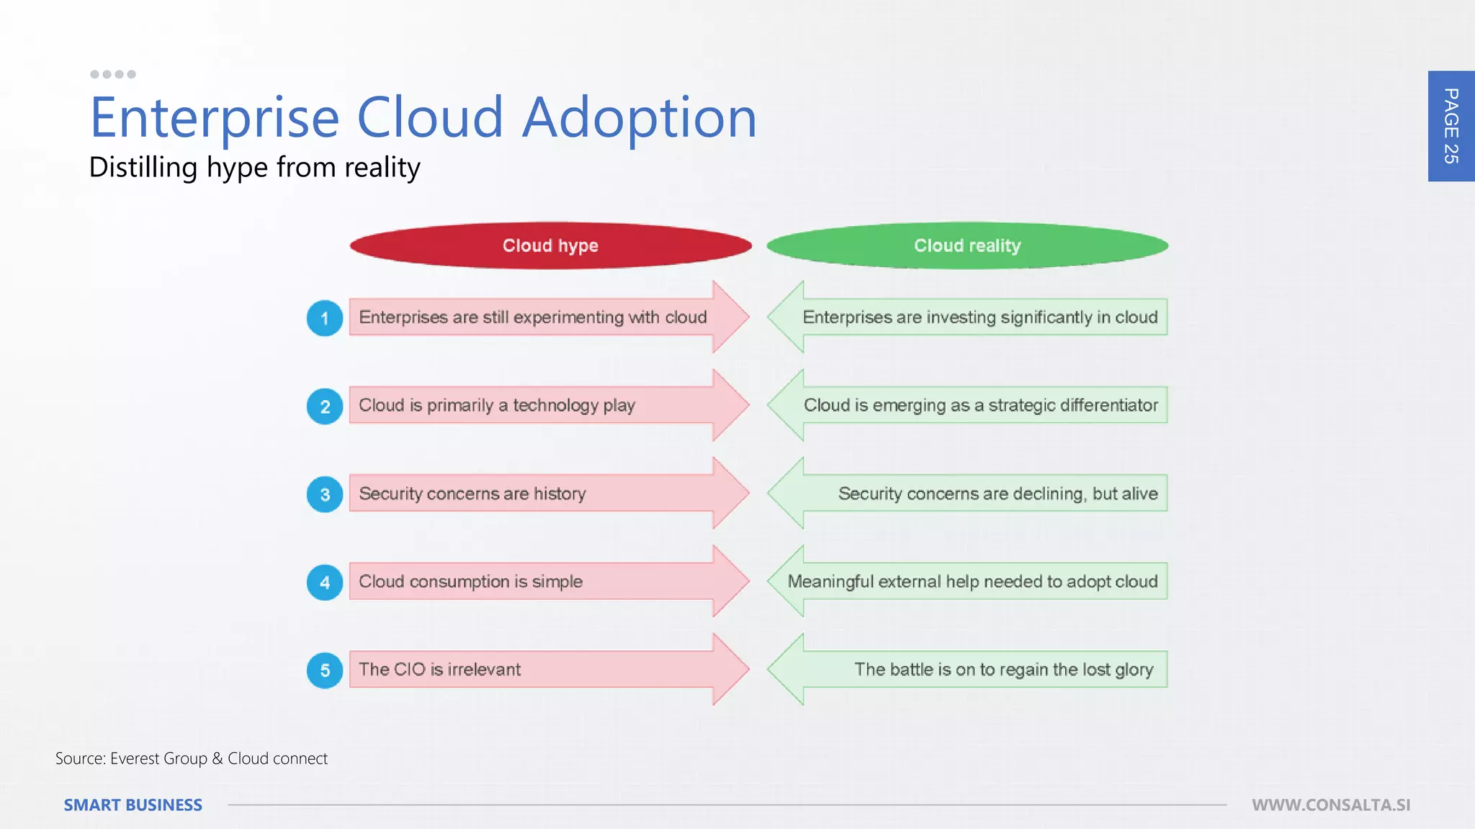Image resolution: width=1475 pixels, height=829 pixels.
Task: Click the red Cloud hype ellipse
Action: (x=550, y=245)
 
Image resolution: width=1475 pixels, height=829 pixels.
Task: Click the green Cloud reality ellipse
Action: (x=967, y=245)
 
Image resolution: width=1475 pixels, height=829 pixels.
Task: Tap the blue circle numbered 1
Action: (x=325, y=318)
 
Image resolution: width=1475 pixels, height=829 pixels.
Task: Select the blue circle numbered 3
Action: (x=325, y=494)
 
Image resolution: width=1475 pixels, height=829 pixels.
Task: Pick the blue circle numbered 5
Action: (x=325, y=671)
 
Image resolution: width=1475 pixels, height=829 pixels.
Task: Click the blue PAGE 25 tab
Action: (x=1451, y=126)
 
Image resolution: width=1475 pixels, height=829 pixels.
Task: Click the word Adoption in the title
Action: (x=639, y=118)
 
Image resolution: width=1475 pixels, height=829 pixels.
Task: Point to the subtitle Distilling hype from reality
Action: (x=254, y=168)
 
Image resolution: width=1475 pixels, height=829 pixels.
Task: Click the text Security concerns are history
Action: (x=472, y=494)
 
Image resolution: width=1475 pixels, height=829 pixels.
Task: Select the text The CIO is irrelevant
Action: (x=439, y=669)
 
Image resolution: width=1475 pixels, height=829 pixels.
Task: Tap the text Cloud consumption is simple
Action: (x=470, y=581)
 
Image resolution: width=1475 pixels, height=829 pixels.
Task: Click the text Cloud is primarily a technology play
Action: (x=497, y=405)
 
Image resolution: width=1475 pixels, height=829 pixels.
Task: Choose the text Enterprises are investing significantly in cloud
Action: (x=979, y=317)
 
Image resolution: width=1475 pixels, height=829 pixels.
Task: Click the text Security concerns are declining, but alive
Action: (x=997, y=494)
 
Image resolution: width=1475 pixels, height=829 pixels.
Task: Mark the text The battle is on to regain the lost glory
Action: (x=1003, y=669)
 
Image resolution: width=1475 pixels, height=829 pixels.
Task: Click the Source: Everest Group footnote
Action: (x=192, y=758)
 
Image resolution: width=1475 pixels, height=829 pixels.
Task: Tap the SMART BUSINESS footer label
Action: (x=133, y=805)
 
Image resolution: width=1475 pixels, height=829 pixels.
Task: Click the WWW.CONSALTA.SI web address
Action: (x=1330, y=805)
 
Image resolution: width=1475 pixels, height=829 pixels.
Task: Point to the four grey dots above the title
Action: (x=113, y=74)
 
